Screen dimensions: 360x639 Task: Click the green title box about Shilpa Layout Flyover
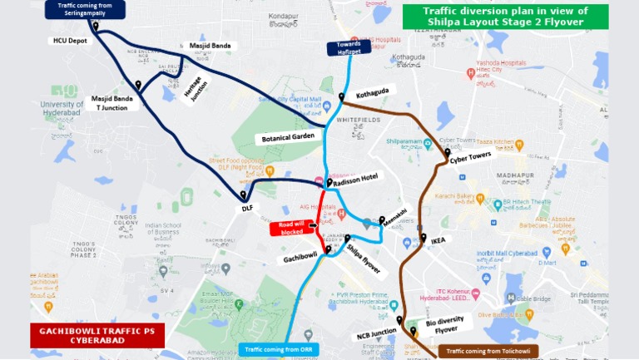tap(505, 17)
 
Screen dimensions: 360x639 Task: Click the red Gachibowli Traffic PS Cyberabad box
tap(97, 336)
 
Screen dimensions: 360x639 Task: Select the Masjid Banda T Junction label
tap(111, 102)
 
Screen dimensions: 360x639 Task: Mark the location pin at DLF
tap(244, 195)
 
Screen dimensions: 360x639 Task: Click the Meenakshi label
tap(394, 215)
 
